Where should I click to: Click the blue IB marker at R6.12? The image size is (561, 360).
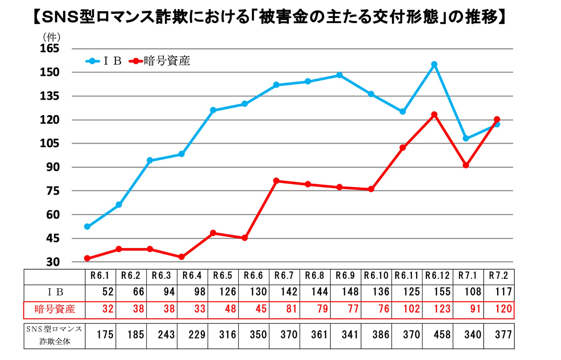tap(434, 64)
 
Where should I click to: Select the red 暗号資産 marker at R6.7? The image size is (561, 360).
tap(276, 181)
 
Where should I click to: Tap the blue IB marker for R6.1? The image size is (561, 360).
tap(87, 227)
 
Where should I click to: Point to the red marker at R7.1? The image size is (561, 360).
tap(466, 165)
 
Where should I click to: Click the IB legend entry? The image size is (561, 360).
tap(104, 62)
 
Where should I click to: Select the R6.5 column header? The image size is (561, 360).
tap(224, 276)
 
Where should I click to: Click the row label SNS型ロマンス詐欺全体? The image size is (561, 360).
tap(55, 335)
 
